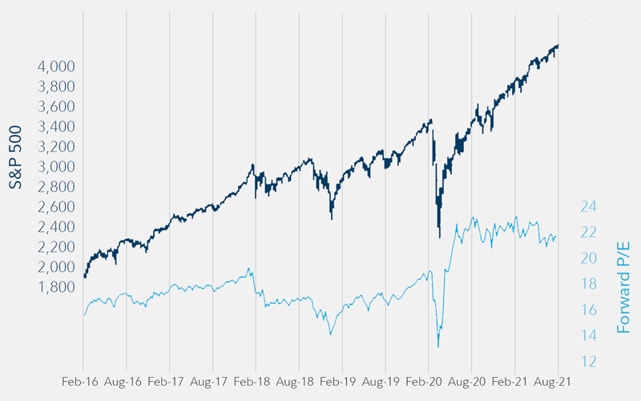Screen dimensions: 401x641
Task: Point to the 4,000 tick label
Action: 57,67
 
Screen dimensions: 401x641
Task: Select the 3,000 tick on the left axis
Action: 57,167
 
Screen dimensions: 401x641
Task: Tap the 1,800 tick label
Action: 57,287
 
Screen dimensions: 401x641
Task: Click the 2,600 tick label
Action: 57,207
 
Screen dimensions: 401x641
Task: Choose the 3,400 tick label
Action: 57,127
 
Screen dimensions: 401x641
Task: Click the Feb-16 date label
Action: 83,382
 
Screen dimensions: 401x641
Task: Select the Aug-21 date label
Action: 558,382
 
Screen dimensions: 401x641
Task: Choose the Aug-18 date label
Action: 299,382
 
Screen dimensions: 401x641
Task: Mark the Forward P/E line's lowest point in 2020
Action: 438,346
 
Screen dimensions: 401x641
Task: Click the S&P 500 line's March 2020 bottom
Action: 440,237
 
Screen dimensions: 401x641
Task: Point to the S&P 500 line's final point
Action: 558,46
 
